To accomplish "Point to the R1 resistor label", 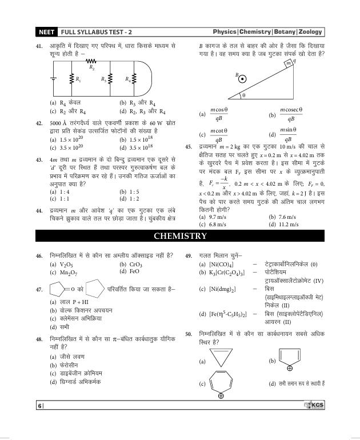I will [x=78, y=80].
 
